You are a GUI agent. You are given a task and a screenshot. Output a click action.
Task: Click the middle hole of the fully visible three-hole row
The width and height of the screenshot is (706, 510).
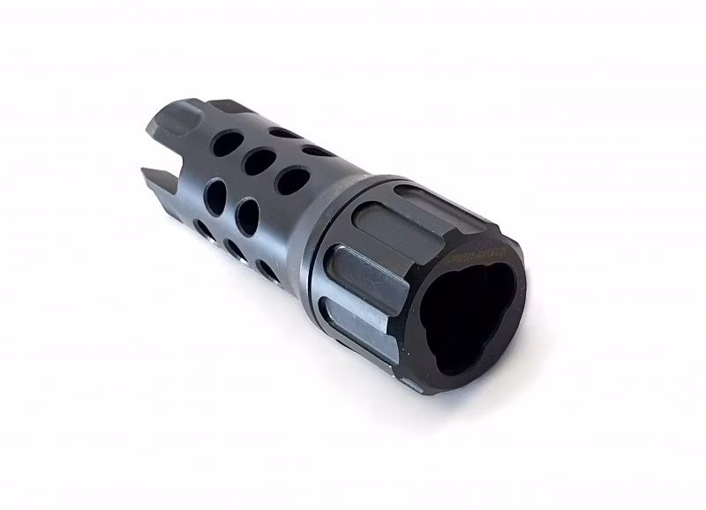(259, 161)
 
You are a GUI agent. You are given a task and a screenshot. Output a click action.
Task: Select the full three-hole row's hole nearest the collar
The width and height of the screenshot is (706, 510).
(292, 180)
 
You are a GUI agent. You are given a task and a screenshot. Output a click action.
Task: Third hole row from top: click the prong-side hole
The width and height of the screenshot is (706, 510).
(215, 192)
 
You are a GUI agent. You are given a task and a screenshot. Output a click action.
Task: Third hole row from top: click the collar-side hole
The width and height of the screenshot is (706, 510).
(248, 216)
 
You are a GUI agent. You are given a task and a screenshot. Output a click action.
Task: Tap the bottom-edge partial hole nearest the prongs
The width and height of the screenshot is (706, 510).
(204, 230)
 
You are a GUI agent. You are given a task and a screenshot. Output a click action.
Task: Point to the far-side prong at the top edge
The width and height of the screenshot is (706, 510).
(220, 107)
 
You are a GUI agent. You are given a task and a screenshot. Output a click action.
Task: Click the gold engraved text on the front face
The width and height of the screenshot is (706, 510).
(471, 258)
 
